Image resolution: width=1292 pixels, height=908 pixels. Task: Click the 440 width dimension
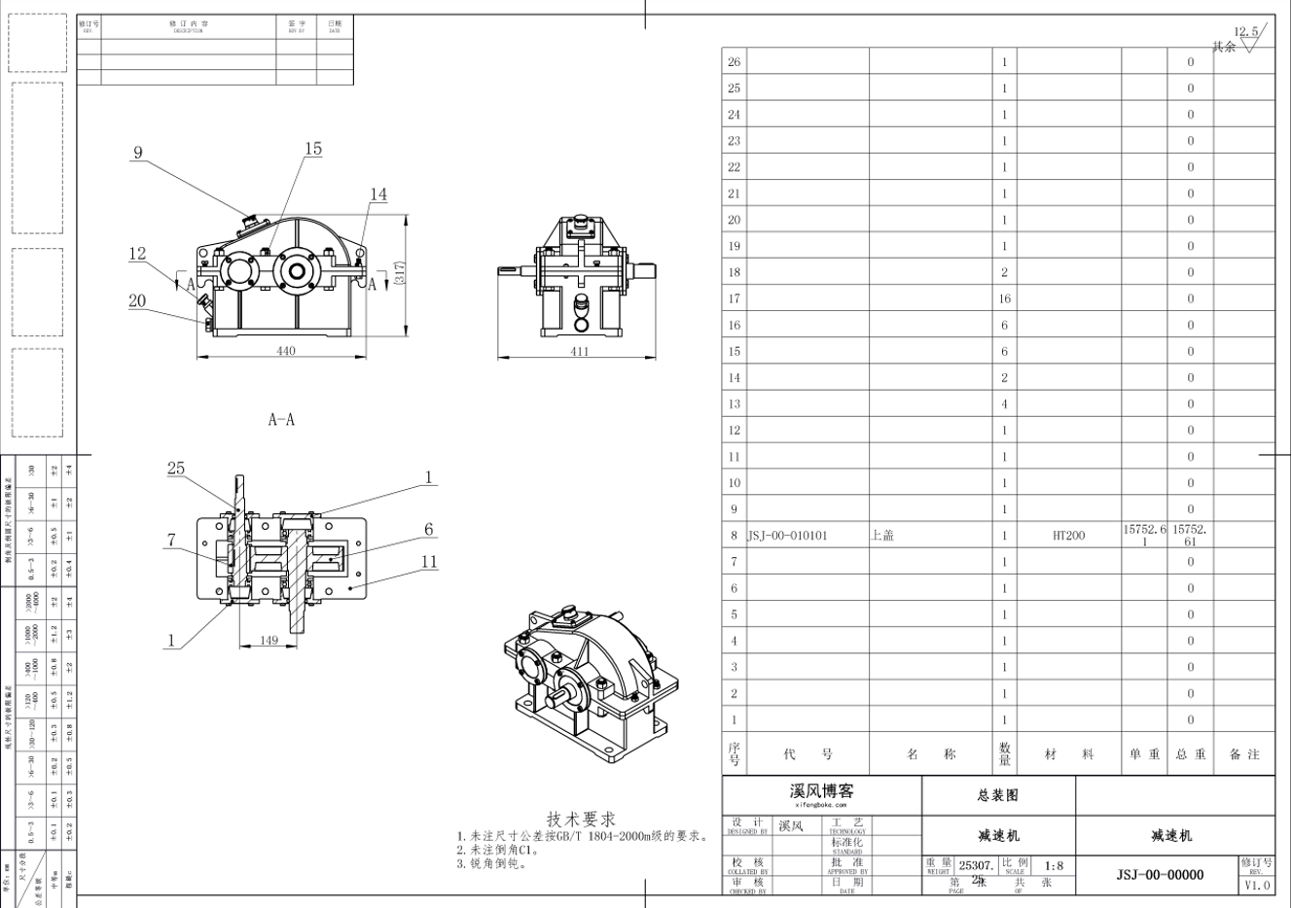(285, 351)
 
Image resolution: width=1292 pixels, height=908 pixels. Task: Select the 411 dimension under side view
(579, 351)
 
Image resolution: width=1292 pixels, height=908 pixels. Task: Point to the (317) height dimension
(399, 273)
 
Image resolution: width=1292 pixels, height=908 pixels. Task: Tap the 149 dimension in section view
(269, 640)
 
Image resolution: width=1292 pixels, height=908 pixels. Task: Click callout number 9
(138, 153)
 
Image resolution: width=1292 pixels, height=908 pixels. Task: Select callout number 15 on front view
(313, 149)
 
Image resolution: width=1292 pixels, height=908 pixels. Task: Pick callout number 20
(137, 300)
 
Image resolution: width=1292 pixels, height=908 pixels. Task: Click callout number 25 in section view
(175, 469)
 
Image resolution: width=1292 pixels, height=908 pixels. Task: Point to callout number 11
(429, 562)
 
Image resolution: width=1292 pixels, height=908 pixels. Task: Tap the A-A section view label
(281, 420)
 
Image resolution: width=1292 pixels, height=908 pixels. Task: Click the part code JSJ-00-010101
(787, 536)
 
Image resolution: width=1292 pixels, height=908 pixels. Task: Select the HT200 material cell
(1068, 536)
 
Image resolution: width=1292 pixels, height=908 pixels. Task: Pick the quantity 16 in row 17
(1004, 298)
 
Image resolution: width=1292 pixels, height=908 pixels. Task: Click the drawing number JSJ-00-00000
(1160, 875)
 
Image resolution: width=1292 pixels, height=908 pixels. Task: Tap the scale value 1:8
(1054, 865)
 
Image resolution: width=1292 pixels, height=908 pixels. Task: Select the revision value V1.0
(1257, 886)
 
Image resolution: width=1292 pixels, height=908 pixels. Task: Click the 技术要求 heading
(581, 820)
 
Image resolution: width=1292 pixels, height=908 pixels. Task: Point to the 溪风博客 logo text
(821, 791)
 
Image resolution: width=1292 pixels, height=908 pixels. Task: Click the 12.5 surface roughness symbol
(1246, 37)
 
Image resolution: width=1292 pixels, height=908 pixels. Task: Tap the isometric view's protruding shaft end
(563, 697)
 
